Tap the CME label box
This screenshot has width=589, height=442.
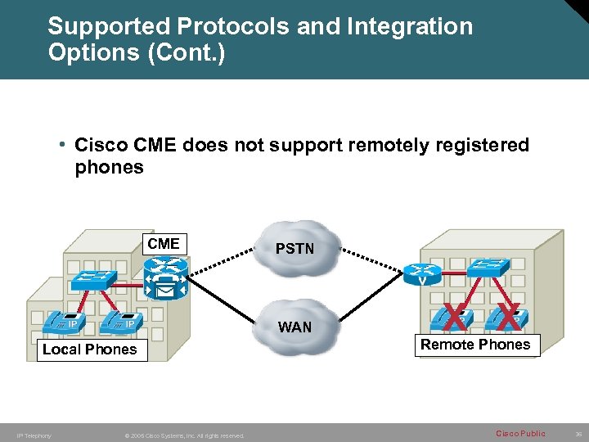click(164, 244)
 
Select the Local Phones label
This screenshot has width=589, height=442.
click(89, 350)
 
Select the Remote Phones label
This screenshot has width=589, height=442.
click(475, 345)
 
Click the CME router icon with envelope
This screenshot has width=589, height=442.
click(165, 278)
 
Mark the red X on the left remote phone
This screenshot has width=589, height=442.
click(456, 315)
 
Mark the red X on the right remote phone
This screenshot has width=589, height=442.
click(509, 315)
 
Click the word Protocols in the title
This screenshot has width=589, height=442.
click(221, 26)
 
